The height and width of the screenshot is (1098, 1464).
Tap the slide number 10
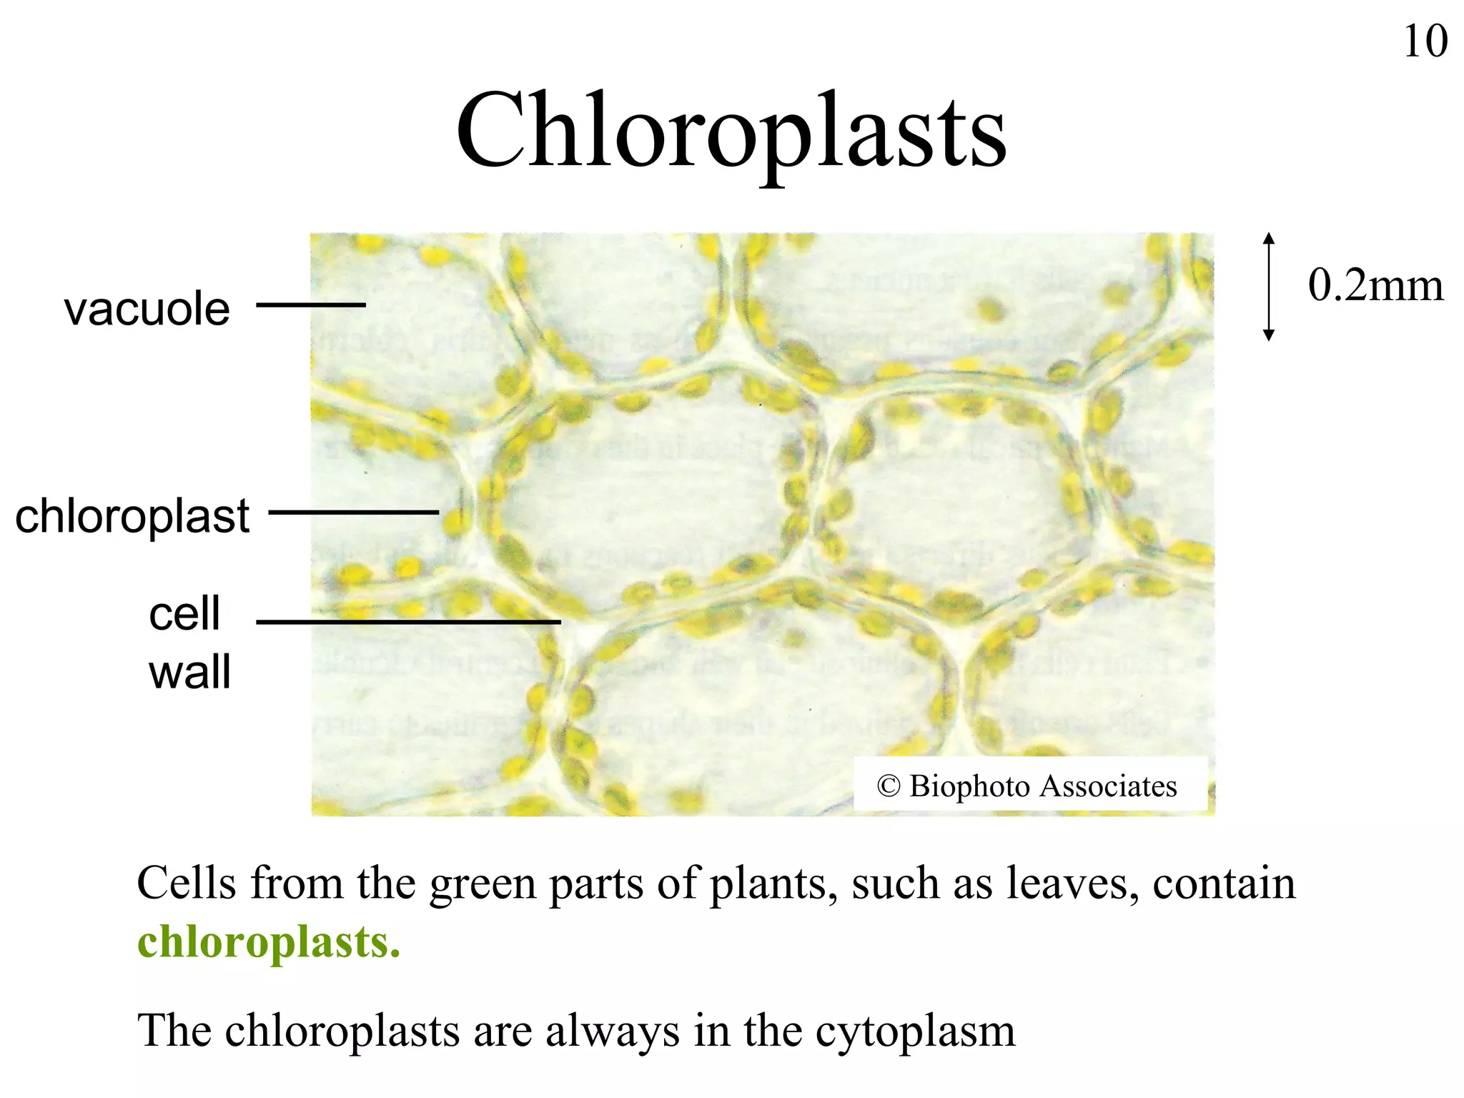coord(1425,41)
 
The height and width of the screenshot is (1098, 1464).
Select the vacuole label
coord(147,309)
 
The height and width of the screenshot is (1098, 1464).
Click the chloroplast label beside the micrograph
coord(133,515)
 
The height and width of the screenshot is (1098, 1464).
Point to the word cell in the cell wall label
coord(184,613)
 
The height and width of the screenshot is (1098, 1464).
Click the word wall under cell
coord(189,672)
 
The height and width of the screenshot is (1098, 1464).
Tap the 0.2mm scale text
coord(1375,285)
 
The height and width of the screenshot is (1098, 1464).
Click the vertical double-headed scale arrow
coord(1269,286)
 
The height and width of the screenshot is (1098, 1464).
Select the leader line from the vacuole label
coord(311,305)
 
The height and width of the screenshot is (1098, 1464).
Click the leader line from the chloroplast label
coord(354,512)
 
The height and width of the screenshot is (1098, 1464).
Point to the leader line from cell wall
coord(407,622)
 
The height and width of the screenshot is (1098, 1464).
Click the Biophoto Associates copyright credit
coord(1027,786)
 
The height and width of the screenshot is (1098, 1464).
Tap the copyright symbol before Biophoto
coord(888,786)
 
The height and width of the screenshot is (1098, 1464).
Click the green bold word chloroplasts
coord(269,942)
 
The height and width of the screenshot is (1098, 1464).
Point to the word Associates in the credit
coord(1108,786)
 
